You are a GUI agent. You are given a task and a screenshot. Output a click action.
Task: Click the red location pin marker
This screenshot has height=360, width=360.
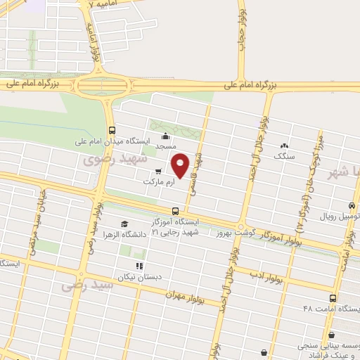pos(181,165)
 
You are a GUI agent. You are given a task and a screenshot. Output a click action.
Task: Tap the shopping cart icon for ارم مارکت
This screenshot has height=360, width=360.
pos(158,171)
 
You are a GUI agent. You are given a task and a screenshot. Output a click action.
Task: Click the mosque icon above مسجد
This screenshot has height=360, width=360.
pos(165,136)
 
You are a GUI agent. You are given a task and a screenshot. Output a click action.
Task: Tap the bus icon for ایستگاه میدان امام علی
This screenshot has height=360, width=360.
pos(112,130)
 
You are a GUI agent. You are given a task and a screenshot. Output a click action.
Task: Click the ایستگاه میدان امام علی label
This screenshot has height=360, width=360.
pos(112,141)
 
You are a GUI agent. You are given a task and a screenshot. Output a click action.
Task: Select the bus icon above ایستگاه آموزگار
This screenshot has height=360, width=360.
pos(175,210)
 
